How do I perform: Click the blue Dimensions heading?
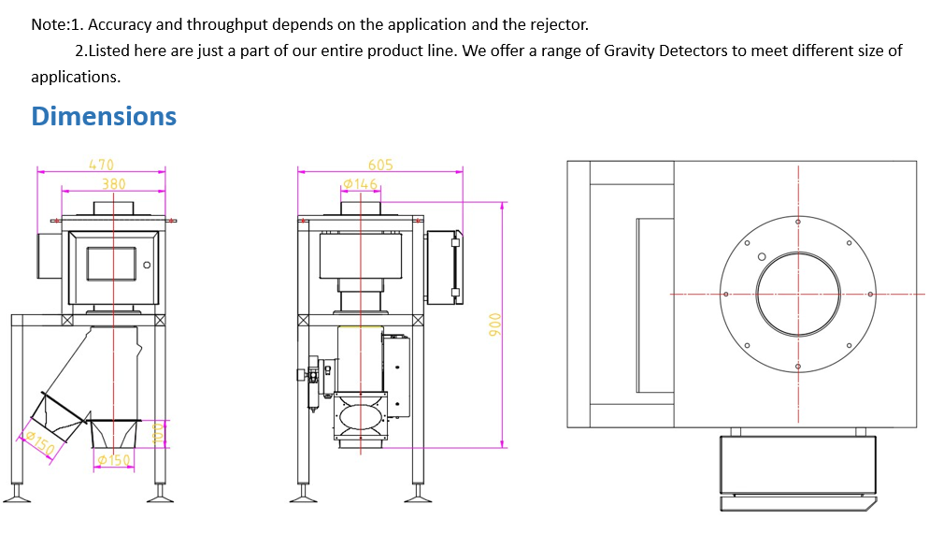[x=104, y=116]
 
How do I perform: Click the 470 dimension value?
[x=101, y=165]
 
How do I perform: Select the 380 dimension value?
[x=113, y=184]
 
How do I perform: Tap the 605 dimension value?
[x=380, y=165]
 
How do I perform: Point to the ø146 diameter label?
[x=360, y=183]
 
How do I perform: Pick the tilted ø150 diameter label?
[x=39, y=442]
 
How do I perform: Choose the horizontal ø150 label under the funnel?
[x=114, y=460]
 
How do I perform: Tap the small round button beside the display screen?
[x=147, y=266]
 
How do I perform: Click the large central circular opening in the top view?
[x=798, y=295]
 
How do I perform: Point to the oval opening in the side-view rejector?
[x=360, y=414]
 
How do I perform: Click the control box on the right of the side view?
[x=443, y=267]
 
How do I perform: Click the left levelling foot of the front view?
[x=16, y=493]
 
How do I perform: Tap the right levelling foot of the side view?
[x=418, y=493]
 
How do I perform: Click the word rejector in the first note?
[x=559, y=24]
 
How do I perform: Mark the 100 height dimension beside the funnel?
[x=157, y=433]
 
